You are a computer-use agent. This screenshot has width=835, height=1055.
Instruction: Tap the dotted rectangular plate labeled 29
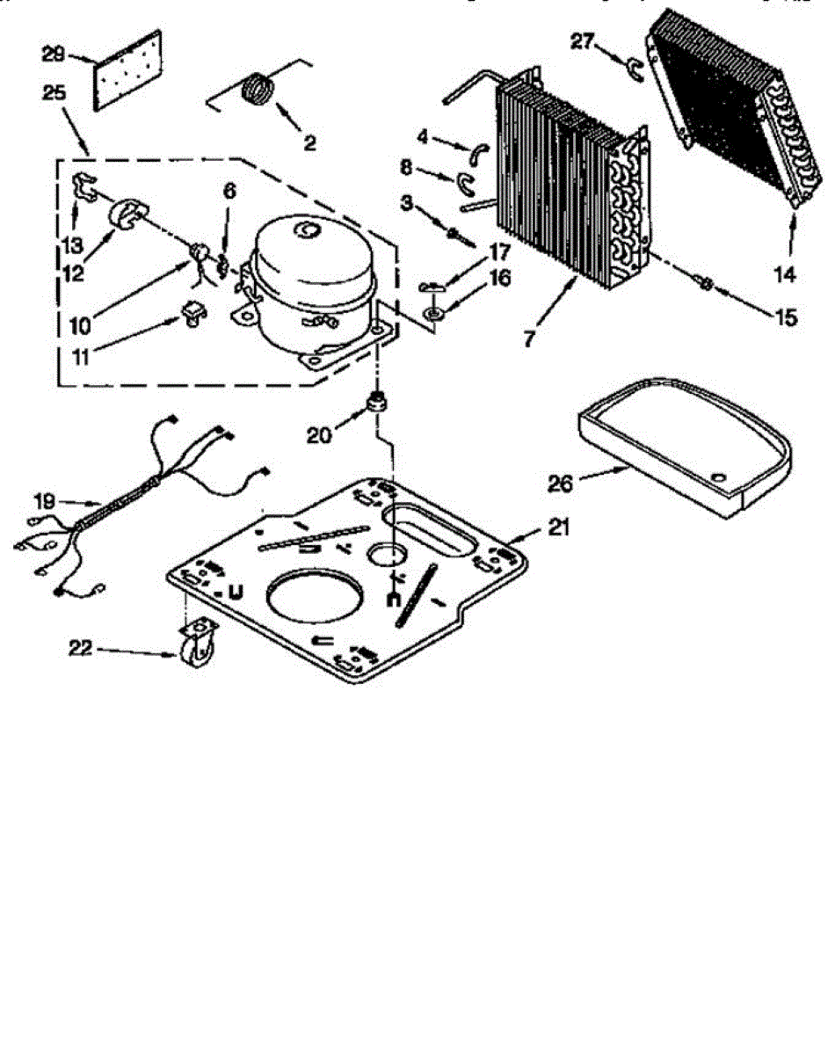coord(128,71)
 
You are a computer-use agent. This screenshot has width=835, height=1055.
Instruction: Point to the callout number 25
coord(53,93)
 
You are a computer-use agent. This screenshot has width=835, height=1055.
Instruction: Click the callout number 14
coord(785,274)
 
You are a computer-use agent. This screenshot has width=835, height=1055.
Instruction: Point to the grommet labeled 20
coord(378,407)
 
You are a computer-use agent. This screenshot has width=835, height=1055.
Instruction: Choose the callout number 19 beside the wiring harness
coord(45,501)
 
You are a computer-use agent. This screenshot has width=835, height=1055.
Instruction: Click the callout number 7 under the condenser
coord(528,338)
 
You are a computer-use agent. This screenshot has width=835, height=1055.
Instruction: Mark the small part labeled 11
coord(192,314)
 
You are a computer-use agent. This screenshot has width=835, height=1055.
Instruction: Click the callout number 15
coord(785,316)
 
